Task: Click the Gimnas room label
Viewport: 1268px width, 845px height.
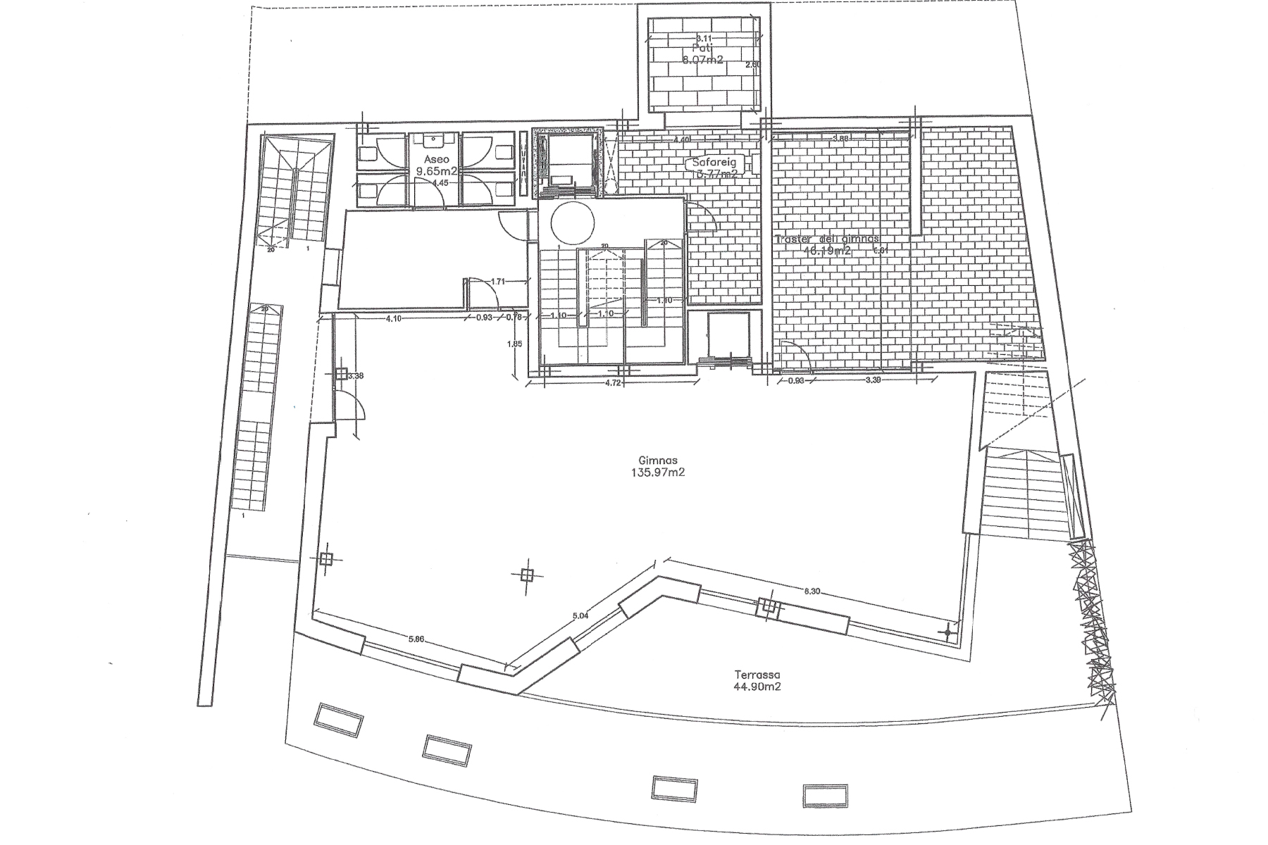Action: [x=659, y=461]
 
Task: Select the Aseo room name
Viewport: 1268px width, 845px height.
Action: [x=436, y=160]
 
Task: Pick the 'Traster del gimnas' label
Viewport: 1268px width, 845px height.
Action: [x=827, y=239]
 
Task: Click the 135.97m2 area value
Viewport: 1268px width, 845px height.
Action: [x=659, y=472]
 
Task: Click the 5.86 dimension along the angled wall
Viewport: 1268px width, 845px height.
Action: [x=416, y=640]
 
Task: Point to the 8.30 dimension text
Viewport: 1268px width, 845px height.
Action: [x=812, y=591]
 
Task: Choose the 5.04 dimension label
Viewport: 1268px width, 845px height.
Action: [x=580, y=615]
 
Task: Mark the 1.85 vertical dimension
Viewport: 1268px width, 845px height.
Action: [x=515, y=344]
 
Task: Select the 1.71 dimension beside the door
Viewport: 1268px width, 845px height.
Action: [x=497, y=282]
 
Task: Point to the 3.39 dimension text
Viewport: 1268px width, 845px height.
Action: [x=872, y=381]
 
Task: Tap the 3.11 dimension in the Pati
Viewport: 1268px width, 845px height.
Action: [x=703, y=38]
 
